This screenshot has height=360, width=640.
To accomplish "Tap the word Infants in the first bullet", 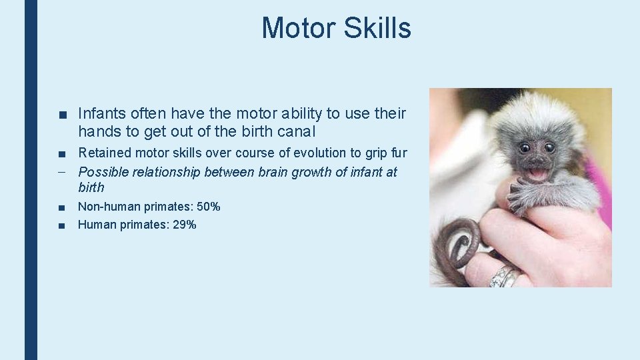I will click(x=101, y=114).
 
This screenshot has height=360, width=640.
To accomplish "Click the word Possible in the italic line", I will click(x=103, y=172).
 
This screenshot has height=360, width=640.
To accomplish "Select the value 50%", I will click(x=208, y=207).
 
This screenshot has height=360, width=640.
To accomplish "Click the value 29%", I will click(x=184, y=225).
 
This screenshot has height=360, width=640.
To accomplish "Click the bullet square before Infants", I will click(x=61, y=115).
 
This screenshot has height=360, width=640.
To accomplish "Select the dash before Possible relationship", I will click(x=61, y=172).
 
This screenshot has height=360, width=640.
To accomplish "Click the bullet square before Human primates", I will click(x=61, y=225).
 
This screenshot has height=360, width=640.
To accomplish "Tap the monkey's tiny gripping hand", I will click(x=516, y=194).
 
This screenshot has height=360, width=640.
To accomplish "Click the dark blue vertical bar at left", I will click(x=31, y=180).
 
